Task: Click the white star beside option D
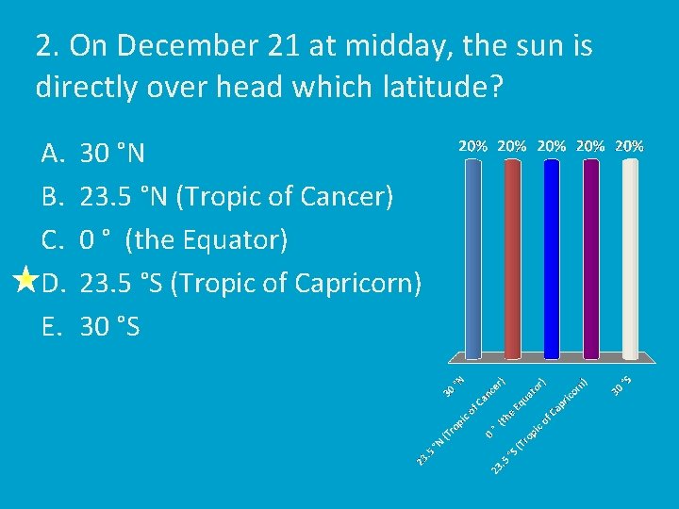click(25, 281)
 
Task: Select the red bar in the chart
click(512, 259)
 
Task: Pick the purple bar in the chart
click(591, 259)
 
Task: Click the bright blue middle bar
click(552, 259)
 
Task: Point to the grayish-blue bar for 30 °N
click(472, 259)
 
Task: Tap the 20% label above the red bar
click(512, 146)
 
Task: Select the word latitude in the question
click(427, 89)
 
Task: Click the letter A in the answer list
click(51, 153)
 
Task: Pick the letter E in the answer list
click(50, 326)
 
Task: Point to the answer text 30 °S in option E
click(110, 326)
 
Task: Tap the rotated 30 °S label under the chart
click(621, 386)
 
